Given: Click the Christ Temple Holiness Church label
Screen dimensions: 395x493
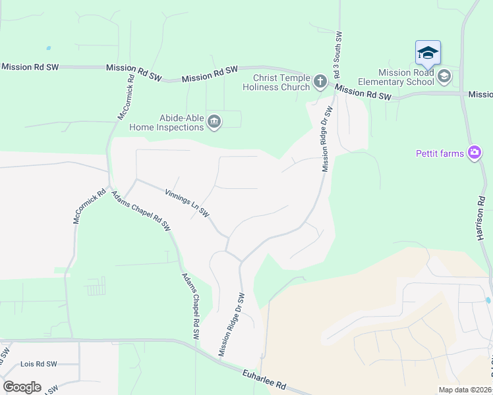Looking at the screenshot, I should [x=276, y=82].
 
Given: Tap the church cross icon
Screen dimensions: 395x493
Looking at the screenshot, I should [x=320, y=82].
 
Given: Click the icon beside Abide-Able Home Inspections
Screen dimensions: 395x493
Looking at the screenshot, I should [x=214, y=121].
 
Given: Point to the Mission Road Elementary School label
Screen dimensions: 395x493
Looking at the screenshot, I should [x=395, y=77].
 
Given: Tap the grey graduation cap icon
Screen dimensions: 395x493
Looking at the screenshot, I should [x=444, y=76].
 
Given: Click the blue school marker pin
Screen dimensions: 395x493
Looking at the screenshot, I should [x=428, y=53].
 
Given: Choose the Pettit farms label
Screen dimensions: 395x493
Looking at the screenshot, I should [x=440, y=153].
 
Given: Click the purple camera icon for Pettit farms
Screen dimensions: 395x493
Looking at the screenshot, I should [x=474, y=153].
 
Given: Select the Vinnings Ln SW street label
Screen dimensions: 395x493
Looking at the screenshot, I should [x=187, y=203].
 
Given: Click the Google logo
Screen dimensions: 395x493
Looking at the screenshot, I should [x=22, y=387].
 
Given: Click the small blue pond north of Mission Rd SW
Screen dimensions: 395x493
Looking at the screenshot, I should [x=48, y=48].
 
